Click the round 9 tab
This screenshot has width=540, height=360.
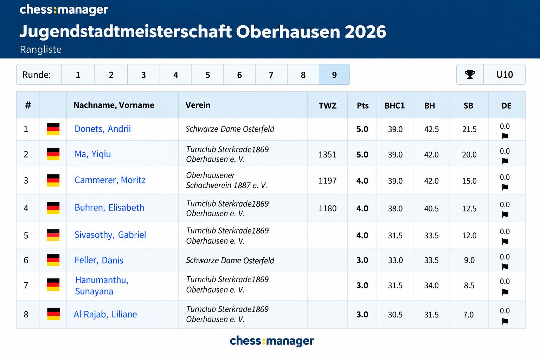point(334,75)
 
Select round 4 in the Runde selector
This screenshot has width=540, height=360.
point(175,75)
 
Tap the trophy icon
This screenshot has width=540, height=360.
point(470,75)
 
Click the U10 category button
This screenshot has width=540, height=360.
point(504,75)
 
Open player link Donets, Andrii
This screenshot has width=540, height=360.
point(103,129)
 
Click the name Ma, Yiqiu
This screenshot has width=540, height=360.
point(93,154)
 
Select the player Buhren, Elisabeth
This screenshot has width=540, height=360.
point(109,208)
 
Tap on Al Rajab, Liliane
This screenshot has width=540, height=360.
point(105,314)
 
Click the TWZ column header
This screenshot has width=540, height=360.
point(327,105)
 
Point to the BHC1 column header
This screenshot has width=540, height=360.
point(395,105)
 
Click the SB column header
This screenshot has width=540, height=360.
point(468,105)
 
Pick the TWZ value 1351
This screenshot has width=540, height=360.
point(327,155)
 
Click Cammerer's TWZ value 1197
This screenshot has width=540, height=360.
point(327,181)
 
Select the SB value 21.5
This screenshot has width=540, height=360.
point(469,129)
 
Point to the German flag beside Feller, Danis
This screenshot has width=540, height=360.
point(53,260)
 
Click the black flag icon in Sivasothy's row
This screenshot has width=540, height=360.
point(505,242)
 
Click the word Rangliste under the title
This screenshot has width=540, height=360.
point(41,50)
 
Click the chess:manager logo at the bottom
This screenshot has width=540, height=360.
point(272,341)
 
